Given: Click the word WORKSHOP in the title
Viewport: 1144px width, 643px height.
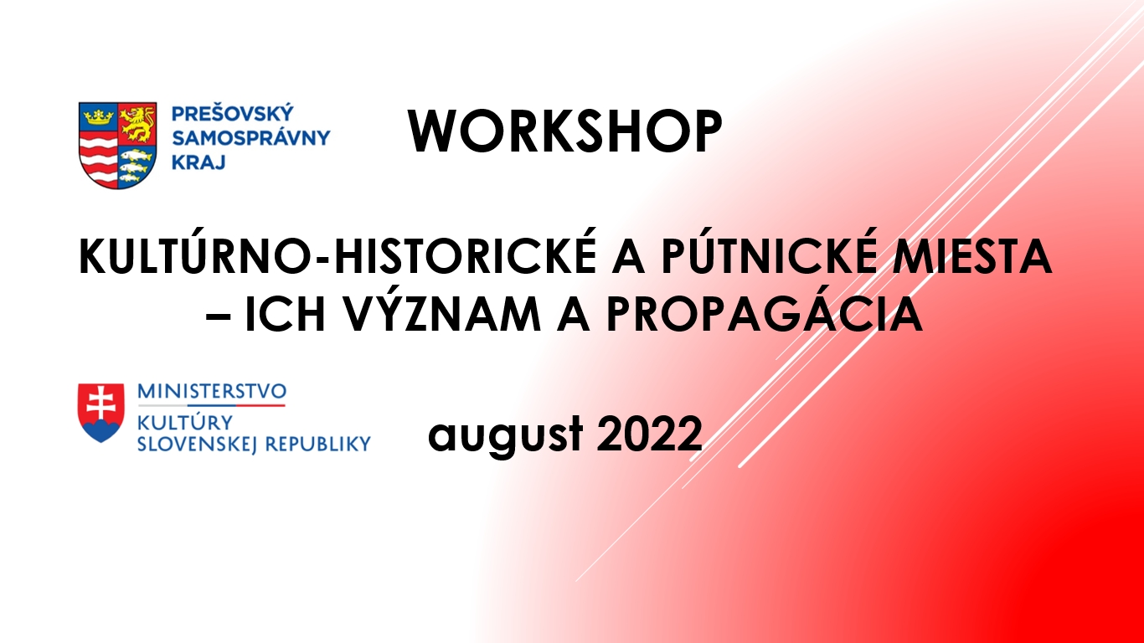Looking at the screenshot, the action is coord(564,131).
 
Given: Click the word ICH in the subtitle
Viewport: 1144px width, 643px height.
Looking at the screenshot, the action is coord(285,314).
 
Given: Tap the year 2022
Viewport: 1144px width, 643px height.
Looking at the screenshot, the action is coord(649,433).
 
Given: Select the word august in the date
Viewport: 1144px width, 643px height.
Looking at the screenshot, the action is coord(506,435).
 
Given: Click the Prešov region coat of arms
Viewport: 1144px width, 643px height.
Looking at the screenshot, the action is coord(118,146).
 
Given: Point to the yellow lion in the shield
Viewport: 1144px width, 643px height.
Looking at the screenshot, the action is coord(137,123).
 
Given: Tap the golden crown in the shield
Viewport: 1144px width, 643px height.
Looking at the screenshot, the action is coord(98,117).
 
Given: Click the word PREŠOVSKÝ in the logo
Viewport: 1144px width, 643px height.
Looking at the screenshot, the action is coord(232,112).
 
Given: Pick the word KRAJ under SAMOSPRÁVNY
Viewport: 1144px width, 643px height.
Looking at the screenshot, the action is coord(198,162).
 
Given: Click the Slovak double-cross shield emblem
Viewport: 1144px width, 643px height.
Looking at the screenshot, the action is coord(101,413).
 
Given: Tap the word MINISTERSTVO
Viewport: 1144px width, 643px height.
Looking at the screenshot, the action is coord(212,391).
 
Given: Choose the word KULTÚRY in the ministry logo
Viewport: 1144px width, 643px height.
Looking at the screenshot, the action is coord(185,422).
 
